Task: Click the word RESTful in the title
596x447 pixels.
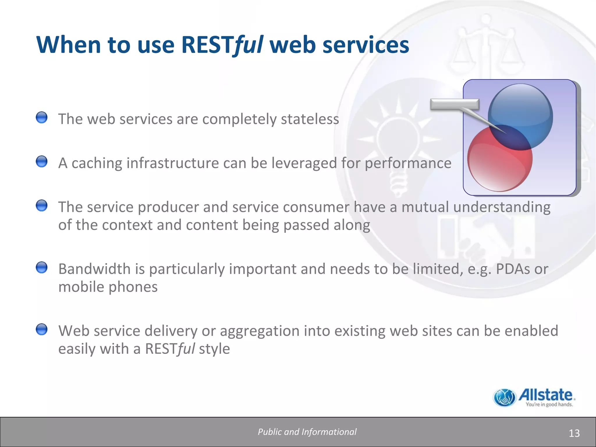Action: tap(222, 45)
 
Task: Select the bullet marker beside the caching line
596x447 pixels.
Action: tap(42, 162)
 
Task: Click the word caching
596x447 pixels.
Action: tap(97, 163)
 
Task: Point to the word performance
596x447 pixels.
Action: tap(408, 163)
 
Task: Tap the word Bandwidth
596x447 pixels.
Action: tap(94, 269)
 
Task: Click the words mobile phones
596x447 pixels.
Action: tap(108, 287)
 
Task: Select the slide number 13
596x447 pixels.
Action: tap(574, 433)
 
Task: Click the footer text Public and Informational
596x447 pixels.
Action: tap(307, 432)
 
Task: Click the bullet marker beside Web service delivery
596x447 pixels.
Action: tap(42, 329)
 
